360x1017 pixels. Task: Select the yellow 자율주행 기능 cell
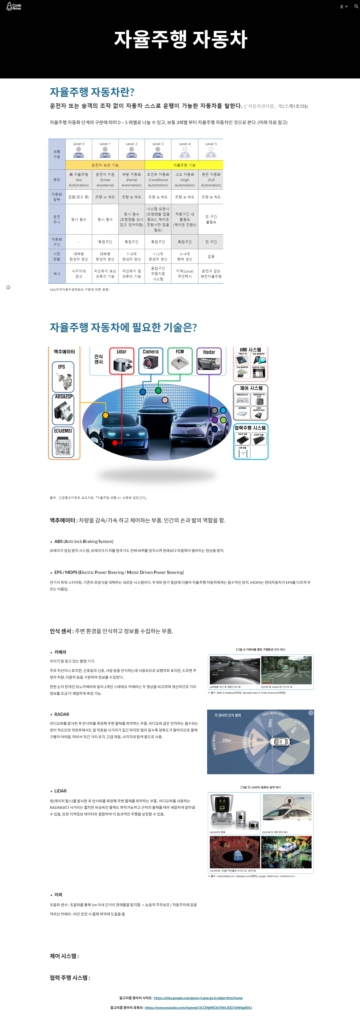tap(184, 165)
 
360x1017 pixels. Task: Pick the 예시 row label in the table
tap(57, 274)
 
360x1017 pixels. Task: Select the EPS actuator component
tap(63, 377)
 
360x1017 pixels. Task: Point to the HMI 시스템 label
tap(250, 349)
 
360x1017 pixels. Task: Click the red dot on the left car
tap(114, 443)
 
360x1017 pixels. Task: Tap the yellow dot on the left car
tap(105, 415)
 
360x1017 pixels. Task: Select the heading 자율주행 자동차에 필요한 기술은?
tap(123, 327)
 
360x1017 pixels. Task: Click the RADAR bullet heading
tap(62, 714)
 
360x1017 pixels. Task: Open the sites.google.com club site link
tap(198, 998)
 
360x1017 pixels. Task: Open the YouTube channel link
tap(198, 1007)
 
